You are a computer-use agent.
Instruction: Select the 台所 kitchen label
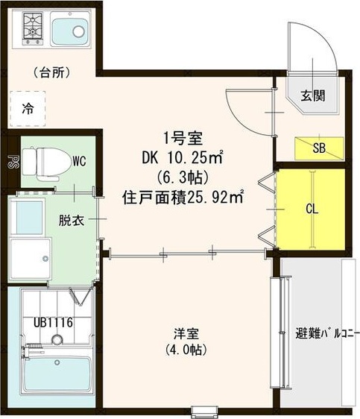coord(51,73)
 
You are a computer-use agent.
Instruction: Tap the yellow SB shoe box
coord(319,148)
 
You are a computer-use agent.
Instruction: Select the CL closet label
coord(312,209)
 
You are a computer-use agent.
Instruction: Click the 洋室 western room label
coord(186,333)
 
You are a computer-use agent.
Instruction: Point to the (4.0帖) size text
coord(186,349)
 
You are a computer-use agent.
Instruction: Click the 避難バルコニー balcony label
coord(318,333)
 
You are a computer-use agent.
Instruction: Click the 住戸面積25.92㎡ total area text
coord(183,198)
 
